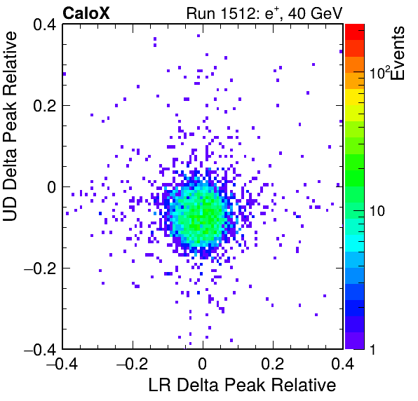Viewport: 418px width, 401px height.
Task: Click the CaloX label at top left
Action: (x=86, y=13)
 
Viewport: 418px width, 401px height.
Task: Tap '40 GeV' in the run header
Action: (x=315, y=13)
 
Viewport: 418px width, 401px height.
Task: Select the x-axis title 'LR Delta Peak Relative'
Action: (x=242, y=385)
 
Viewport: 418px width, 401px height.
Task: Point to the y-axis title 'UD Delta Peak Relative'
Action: (x=10, y=126)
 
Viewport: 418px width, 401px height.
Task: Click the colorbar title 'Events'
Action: (x=397, y=53)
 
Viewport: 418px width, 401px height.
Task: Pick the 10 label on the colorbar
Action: (x=377, y=211)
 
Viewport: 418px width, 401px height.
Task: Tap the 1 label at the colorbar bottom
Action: (x=372, y=349)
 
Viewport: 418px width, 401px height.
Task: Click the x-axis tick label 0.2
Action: (x=273, y=364)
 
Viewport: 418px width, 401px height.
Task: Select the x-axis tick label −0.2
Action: (x=132, y=364)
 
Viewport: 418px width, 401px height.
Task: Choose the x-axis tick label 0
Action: (x=202, y=364)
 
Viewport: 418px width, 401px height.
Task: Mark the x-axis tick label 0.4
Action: (x=342, y=364)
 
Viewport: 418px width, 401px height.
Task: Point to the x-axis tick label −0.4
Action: (x=62, y=364)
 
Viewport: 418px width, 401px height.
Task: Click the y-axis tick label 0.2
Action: (x=44, y=106)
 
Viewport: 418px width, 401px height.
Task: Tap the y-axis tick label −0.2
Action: (x=40, y=269)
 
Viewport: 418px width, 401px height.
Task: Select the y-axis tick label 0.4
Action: (x=44, y=25)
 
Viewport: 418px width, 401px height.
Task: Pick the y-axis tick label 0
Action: (x=52, y=187)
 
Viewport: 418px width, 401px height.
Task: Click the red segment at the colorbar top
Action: (x=355, y=32)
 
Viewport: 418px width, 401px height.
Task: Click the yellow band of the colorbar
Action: (x=355, y=97)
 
